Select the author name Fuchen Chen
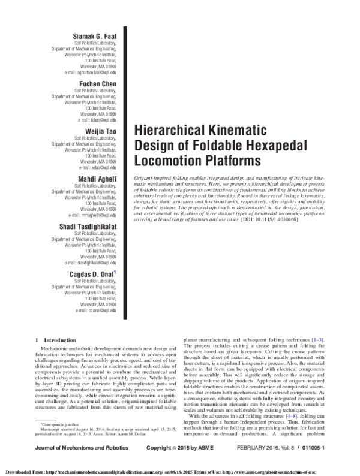99,83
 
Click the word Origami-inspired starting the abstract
151,179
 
